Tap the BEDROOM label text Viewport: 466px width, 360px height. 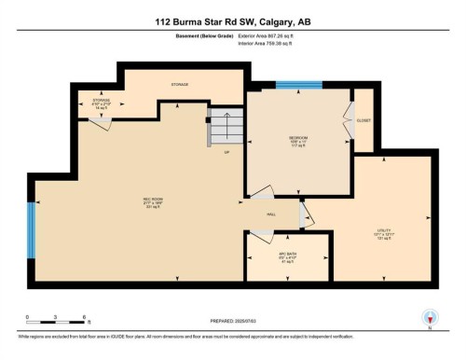[297, 141]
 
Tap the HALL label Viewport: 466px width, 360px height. [271, 215]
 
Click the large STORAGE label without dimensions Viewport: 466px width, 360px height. [179, 85]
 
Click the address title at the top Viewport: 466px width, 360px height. [233, 21]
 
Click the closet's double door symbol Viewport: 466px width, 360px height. [347, 120]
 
